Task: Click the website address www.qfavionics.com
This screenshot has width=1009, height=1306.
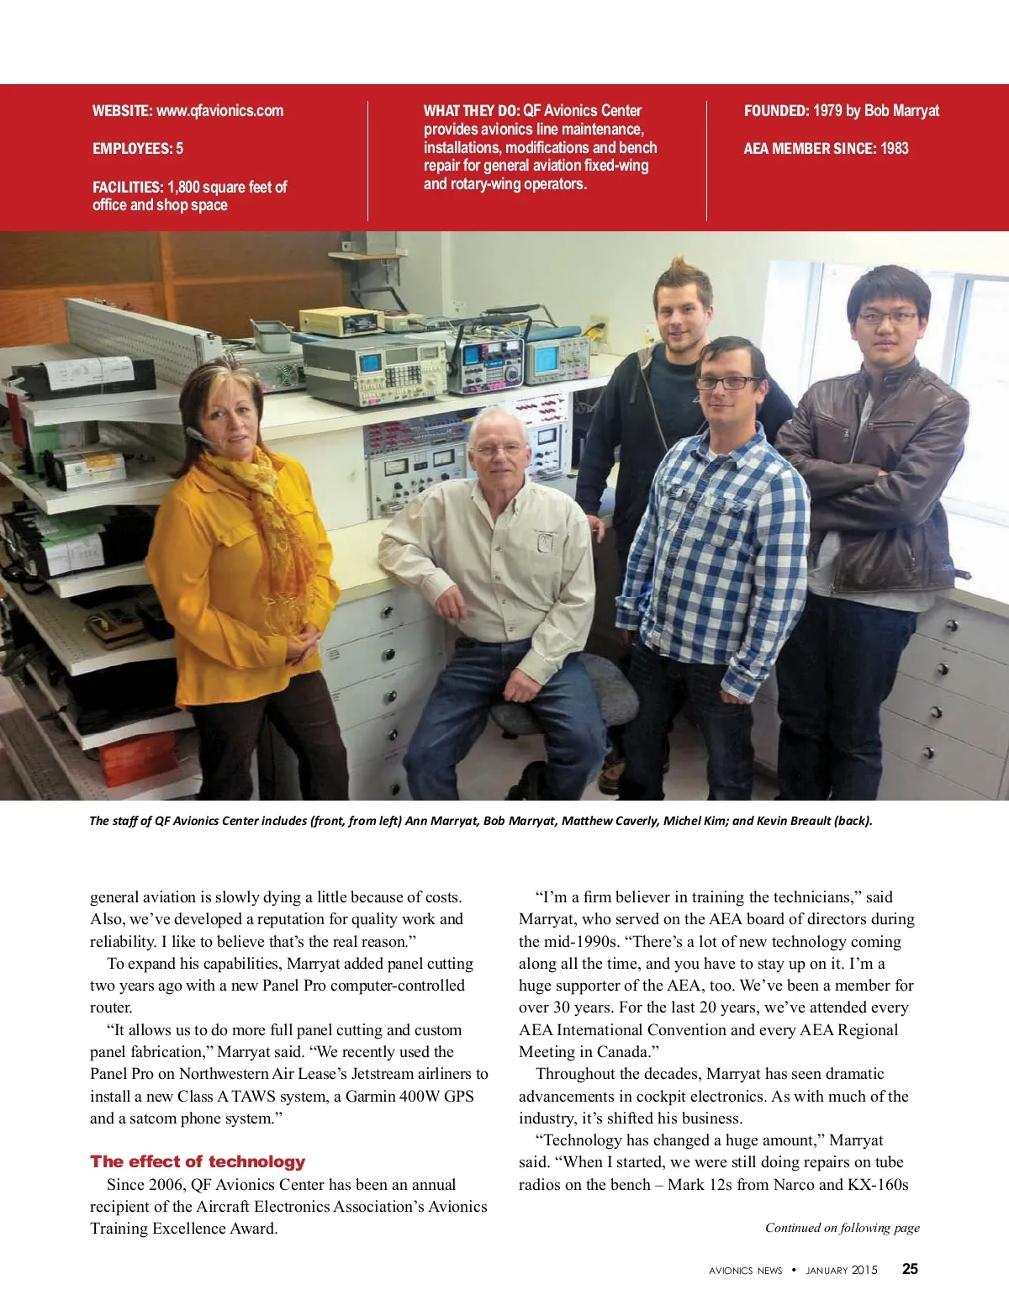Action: (219, 111)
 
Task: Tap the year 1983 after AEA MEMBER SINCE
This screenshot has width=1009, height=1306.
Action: (895, 149)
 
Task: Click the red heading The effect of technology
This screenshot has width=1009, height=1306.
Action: (198, 1161)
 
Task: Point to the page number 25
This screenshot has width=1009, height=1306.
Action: (910, 1269)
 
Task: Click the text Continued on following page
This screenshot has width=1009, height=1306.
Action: (842, 1228)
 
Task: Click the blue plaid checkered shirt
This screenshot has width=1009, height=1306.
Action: (715, 538)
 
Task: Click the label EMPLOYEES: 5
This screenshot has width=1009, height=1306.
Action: (138, 149)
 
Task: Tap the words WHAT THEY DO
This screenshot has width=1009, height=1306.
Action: (471, 111)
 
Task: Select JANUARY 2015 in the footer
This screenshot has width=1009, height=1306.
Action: (841, 1270)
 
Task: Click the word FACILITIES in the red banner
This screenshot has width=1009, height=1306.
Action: (127, 187)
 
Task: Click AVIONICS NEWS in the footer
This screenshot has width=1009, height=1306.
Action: (745, 1270)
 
